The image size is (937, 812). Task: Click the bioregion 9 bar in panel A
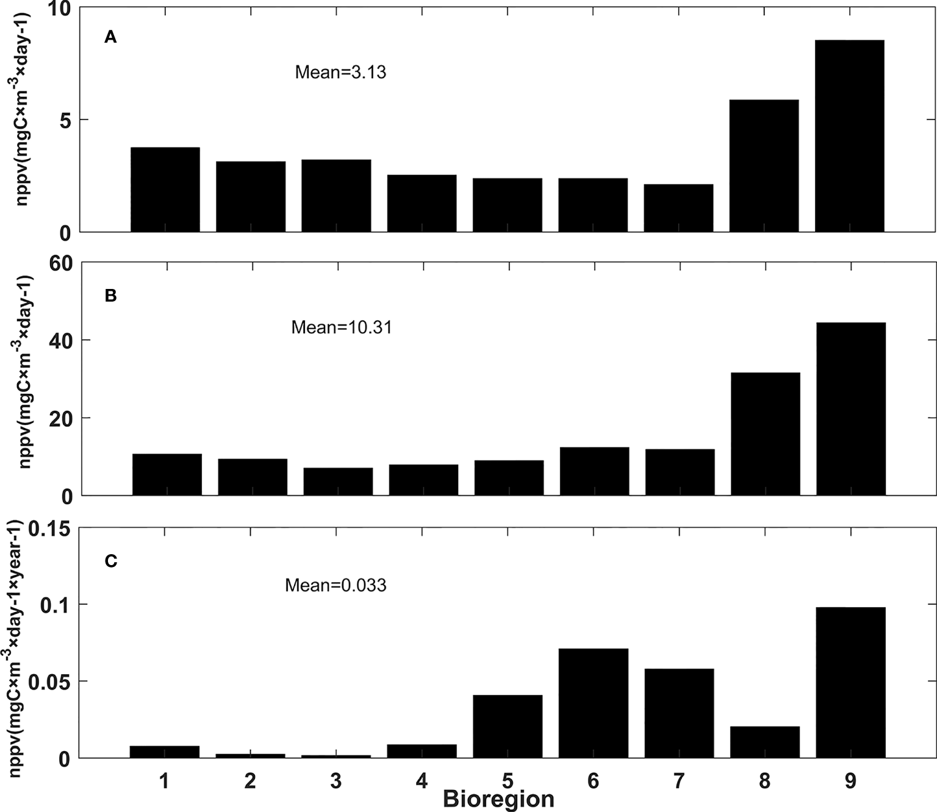[x=849, y=136]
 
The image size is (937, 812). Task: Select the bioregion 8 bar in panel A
[x=764, y=166]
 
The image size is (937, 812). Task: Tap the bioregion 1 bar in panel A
[x=165, y=190]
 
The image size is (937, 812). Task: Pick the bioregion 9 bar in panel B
[x=850, y=409]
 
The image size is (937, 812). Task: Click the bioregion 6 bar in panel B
[x=594, y=471]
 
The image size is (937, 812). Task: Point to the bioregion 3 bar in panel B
[x=338, y=482]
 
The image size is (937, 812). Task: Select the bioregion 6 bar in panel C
[x=594, y=703]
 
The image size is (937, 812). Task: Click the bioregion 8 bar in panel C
[x=764, y=743]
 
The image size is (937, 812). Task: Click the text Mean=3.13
[x=340, y=73]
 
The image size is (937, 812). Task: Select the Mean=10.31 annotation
[x=341, y=327]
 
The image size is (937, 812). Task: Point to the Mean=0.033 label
[x=336, y=585]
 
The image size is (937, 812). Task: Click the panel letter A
[x=110, y=38]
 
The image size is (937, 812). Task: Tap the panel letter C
[x=110, y=561]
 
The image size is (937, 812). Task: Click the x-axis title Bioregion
[x=498, y=799]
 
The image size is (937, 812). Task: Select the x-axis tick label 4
[x=422, y=781]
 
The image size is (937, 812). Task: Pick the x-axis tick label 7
[x=679, y=781]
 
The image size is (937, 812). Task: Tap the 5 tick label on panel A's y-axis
[x=66, y=120]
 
